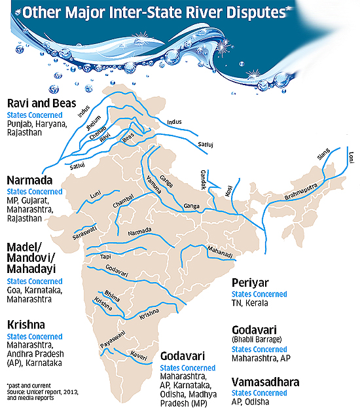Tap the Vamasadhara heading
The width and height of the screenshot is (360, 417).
click(268, 380)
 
